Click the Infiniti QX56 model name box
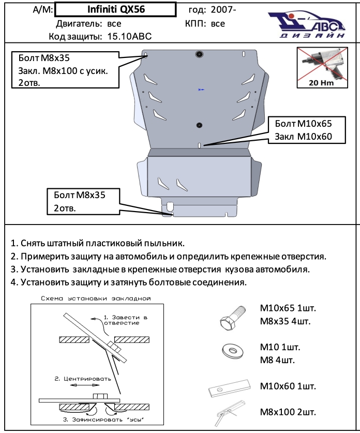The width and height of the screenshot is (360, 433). tap(114, 9)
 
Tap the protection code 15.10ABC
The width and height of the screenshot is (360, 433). tap(129, 37)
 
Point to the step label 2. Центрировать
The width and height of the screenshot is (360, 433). tap(82, 379)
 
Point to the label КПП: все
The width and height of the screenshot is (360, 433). tap(205, 24)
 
